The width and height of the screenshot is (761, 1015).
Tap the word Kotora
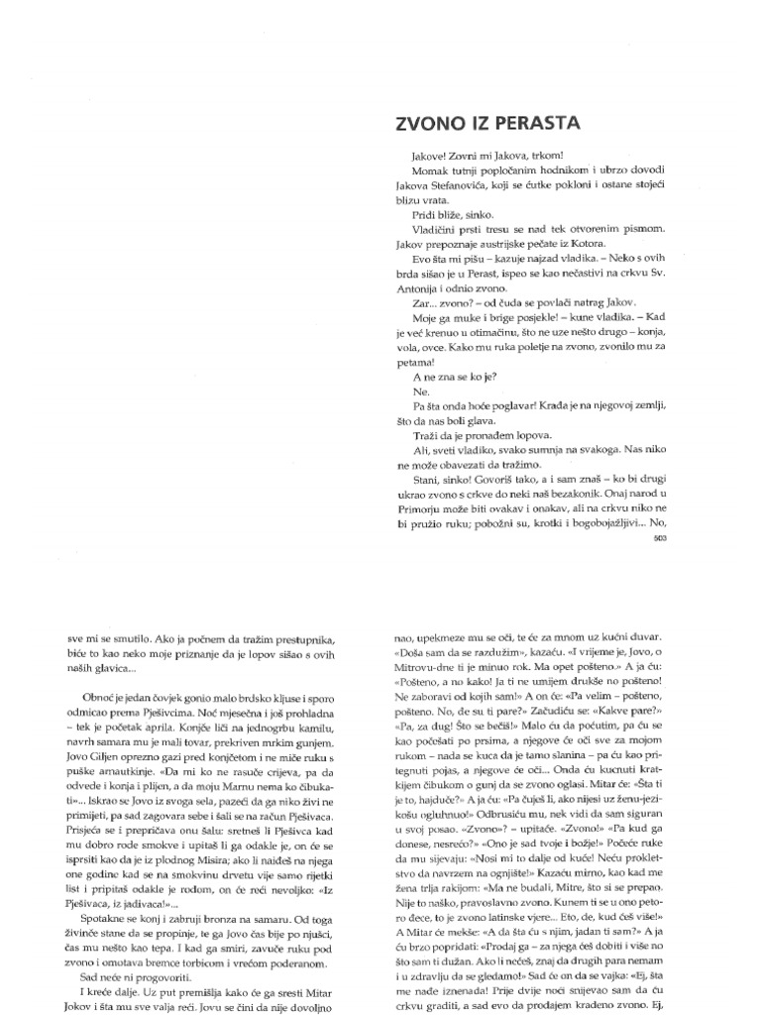[567, 243]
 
